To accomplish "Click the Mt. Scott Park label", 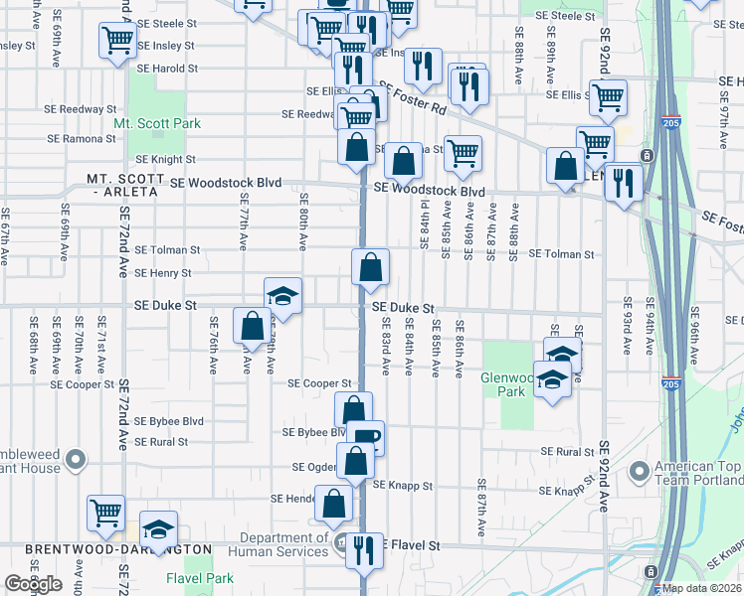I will (157, 123).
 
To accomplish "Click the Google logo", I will (33, 584).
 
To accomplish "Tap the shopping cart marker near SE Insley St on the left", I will (117, 41).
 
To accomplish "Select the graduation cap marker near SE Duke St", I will (282, 295).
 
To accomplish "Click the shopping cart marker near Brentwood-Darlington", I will (105, 513).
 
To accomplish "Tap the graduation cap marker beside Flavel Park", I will (158, 530).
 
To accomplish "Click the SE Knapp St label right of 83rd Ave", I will (403, 486).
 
